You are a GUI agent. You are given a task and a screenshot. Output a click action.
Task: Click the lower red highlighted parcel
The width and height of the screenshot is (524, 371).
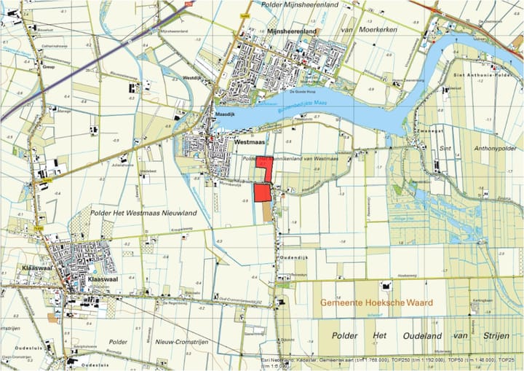coord(262,192)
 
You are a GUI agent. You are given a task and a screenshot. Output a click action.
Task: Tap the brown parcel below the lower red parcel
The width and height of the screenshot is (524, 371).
coord(266,211)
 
